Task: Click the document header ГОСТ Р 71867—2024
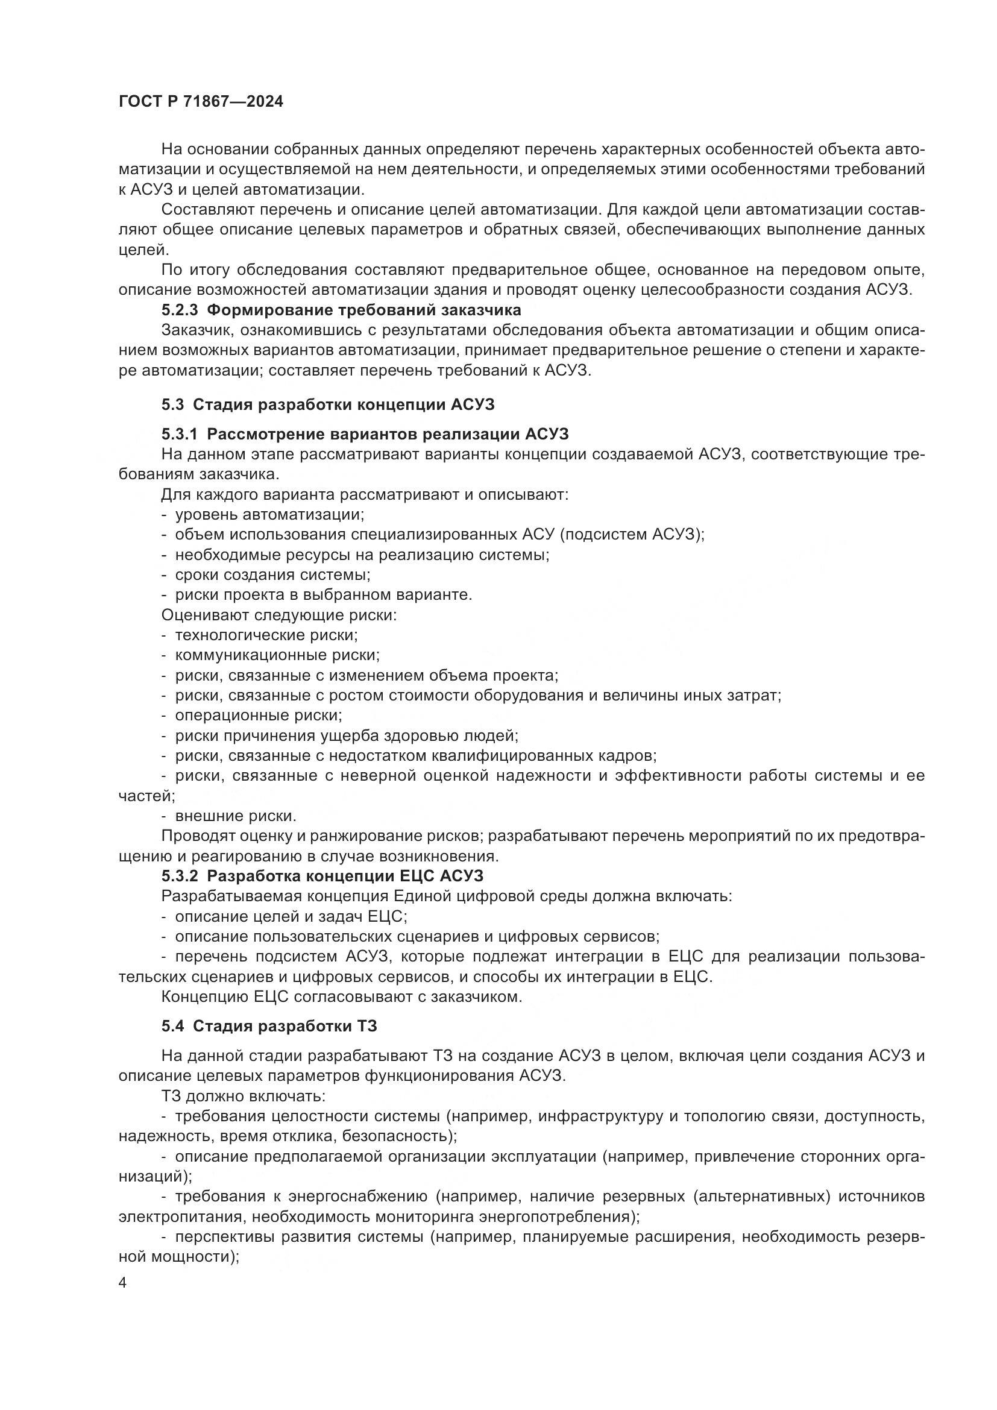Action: tap(201, 102)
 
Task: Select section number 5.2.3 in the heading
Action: tap(180, 309)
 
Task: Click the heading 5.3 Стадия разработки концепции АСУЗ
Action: tap(328, 404)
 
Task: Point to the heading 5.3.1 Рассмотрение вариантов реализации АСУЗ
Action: tap(365, 435)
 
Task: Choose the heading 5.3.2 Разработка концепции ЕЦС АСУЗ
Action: tap(322, 876)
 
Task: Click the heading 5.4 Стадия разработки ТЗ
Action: tap(269, 1026)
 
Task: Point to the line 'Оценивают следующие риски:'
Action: tap(278, 615)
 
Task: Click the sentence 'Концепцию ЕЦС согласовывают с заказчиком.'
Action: tap(341, 996)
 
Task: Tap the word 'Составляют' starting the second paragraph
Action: tap(206, 210)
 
